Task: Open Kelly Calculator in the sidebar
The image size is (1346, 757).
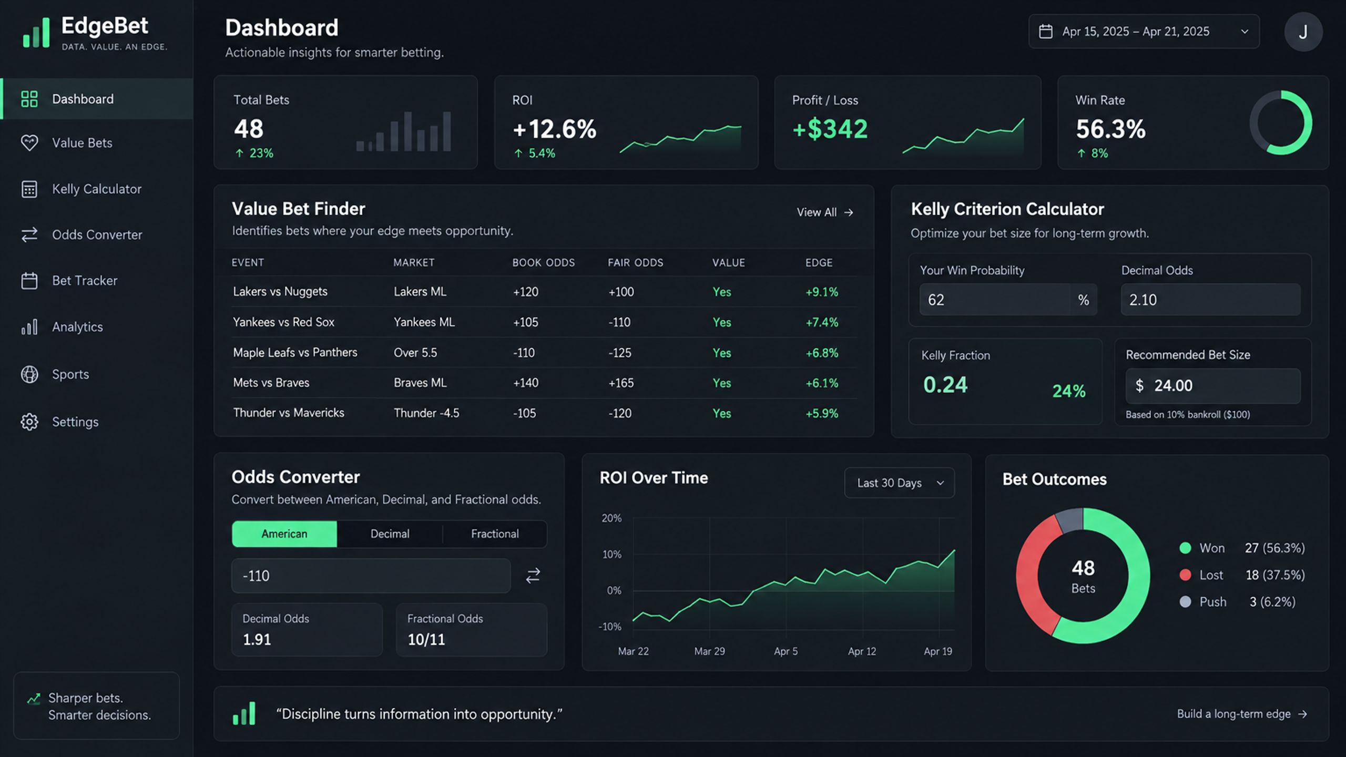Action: [97, 189]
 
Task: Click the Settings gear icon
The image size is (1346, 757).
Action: [29, 422]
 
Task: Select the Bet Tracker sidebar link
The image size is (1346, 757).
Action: [85, 281]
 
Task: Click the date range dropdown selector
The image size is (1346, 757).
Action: [1144, 32]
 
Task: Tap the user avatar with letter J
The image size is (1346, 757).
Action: [1303, 32]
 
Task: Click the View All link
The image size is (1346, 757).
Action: [824, 212]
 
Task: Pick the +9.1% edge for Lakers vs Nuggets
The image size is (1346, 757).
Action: [822, 292]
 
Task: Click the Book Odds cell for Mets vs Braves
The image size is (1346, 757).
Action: [526, 383]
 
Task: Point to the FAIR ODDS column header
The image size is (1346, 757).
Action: [636, 262]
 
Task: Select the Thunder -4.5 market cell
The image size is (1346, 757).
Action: [426, 413]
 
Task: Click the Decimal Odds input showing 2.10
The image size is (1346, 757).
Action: [1210, 300]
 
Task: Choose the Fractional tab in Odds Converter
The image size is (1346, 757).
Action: [495, 534]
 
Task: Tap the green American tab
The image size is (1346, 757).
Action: [284, 534]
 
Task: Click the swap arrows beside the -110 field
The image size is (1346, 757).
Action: [533, 576]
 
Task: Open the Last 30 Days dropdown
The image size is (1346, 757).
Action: [900, 483]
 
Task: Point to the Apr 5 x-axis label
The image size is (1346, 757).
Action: [786, 651]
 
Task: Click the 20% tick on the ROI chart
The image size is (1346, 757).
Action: [611, 518]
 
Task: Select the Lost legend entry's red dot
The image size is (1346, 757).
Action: [1185, 575]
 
